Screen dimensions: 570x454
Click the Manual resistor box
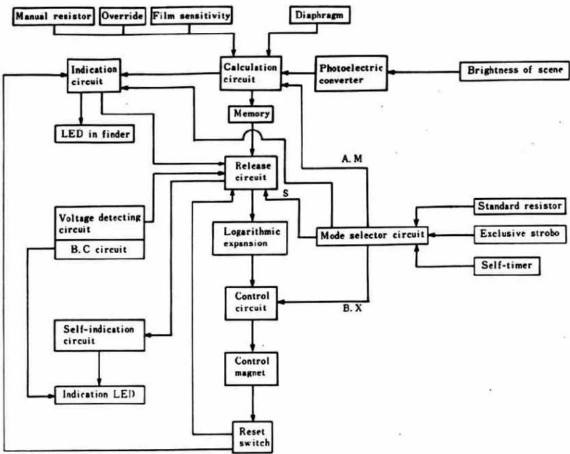pyautogui.click(x=54, y=16)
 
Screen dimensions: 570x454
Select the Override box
pyautogui.click(x=122, y=16)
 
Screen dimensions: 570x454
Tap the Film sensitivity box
pyautogui.click(x=192, y=15)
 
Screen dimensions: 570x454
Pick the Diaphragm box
pyautogui.click(x=320, y=15)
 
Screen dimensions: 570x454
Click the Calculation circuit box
pyautogui.click(x=250, y=73)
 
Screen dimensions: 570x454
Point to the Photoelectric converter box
pyautogui.click(x=351, y=73)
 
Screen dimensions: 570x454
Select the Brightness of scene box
pyautogui.click(x=514, y=70)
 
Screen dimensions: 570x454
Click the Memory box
pyautogui.click(x=251, y=114)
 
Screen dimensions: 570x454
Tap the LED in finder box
pyautogui.click(x=95, y=134)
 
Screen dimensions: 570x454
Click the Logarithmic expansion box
pyautogui.click(x=250, y=238)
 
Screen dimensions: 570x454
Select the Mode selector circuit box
pyautogui.click(x=372, y=236)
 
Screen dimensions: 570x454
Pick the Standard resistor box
pyautogui.click(x=520, y=206)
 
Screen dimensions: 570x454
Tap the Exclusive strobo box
pyautogui.click(x=520, y=234)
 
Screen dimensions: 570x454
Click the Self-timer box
pyautogui.click(x=507, y=266)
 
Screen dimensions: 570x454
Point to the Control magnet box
pyautogui.click(x=251, y=368)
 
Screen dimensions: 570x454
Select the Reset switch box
pyautogui.click(x=252, y=437)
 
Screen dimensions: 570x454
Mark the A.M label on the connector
pyautogui.click(x=352, y=159)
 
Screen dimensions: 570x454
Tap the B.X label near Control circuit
pyautogui.click(x=352, y=309)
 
